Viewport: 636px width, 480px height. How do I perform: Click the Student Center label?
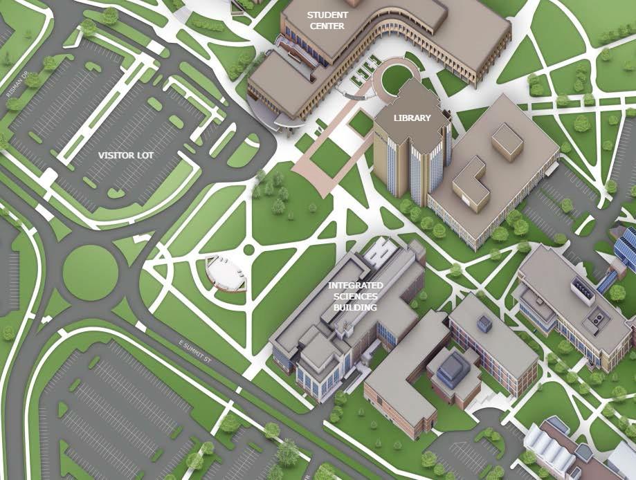[327, 20]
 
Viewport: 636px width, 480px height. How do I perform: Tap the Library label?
[412, 118]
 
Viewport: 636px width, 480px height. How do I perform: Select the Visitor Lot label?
[125, 155]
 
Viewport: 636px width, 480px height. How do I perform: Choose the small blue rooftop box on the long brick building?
[483, 323]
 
